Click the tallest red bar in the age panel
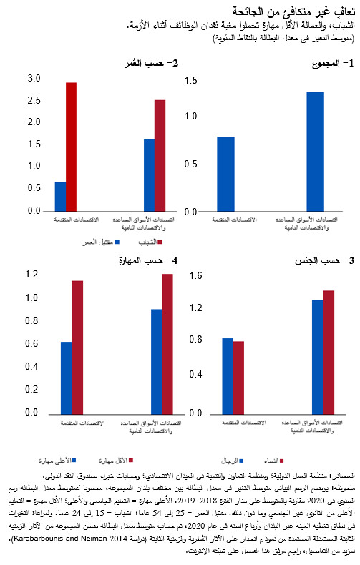coord(71,147)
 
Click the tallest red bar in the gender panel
coord(329,352)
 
